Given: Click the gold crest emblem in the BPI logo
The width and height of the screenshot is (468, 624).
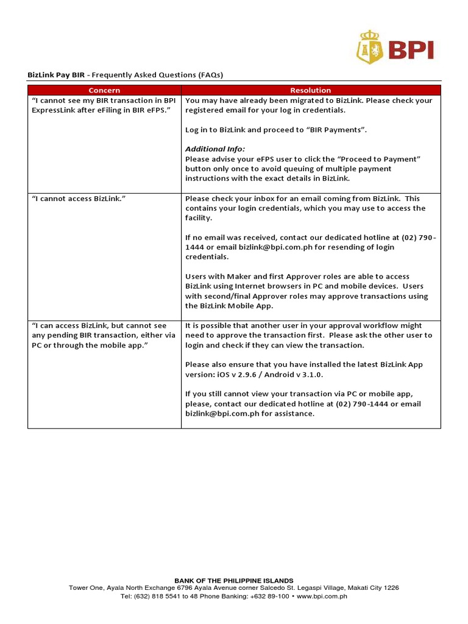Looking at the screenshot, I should [x=367, y=48].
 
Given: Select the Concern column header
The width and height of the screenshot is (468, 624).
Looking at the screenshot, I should [x=104, y=90].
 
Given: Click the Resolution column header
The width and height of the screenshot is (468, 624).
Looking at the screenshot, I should [x=310, y=90].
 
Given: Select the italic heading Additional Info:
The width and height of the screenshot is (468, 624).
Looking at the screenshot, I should [x=215, y=149].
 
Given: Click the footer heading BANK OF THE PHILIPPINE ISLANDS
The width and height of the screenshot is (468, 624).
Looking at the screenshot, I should [x=234, y=581].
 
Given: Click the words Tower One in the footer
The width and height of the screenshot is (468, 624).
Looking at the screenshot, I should [x=86, y=588].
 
